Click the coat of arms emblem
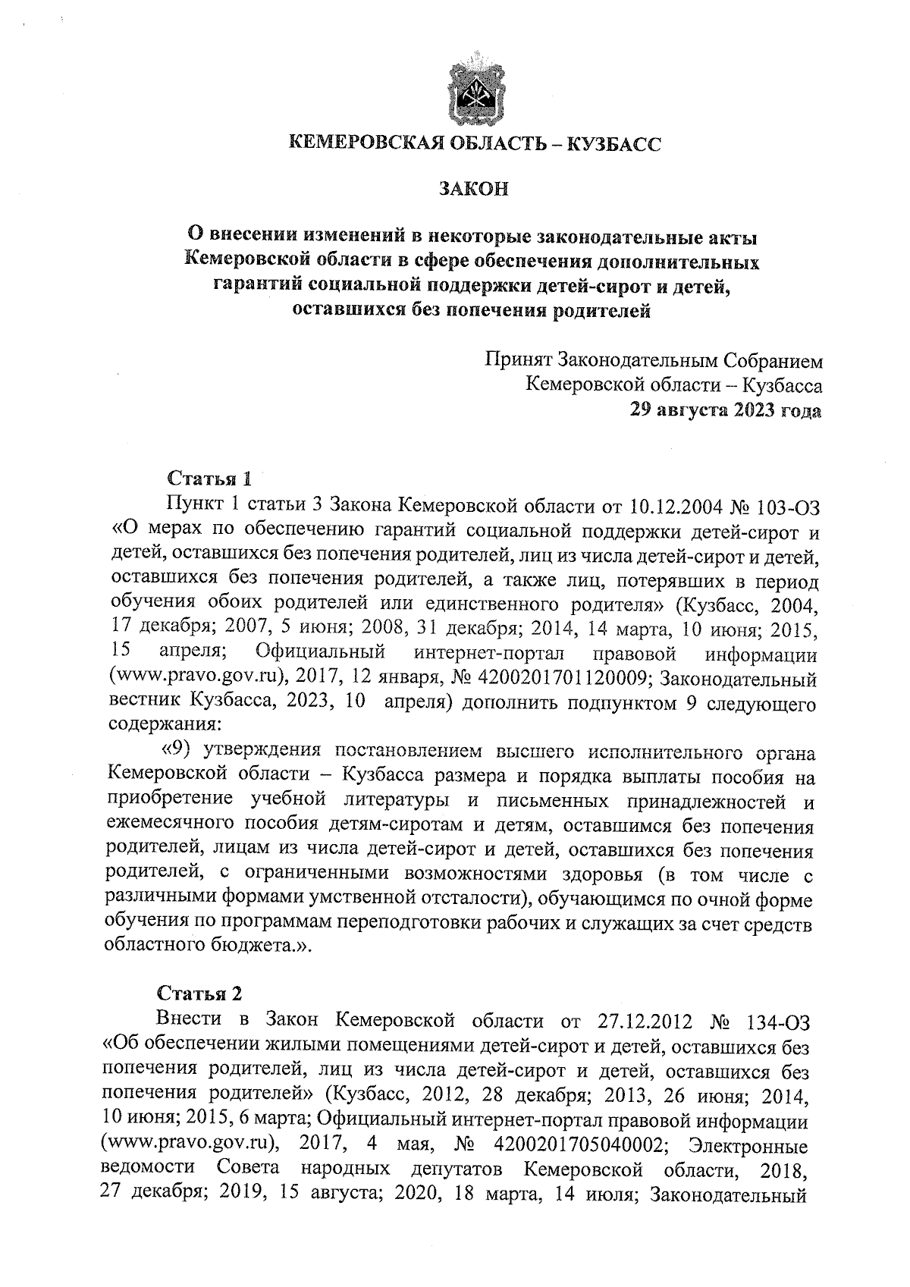click(476, 89)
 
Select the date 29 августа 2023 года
click(726, 410)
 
